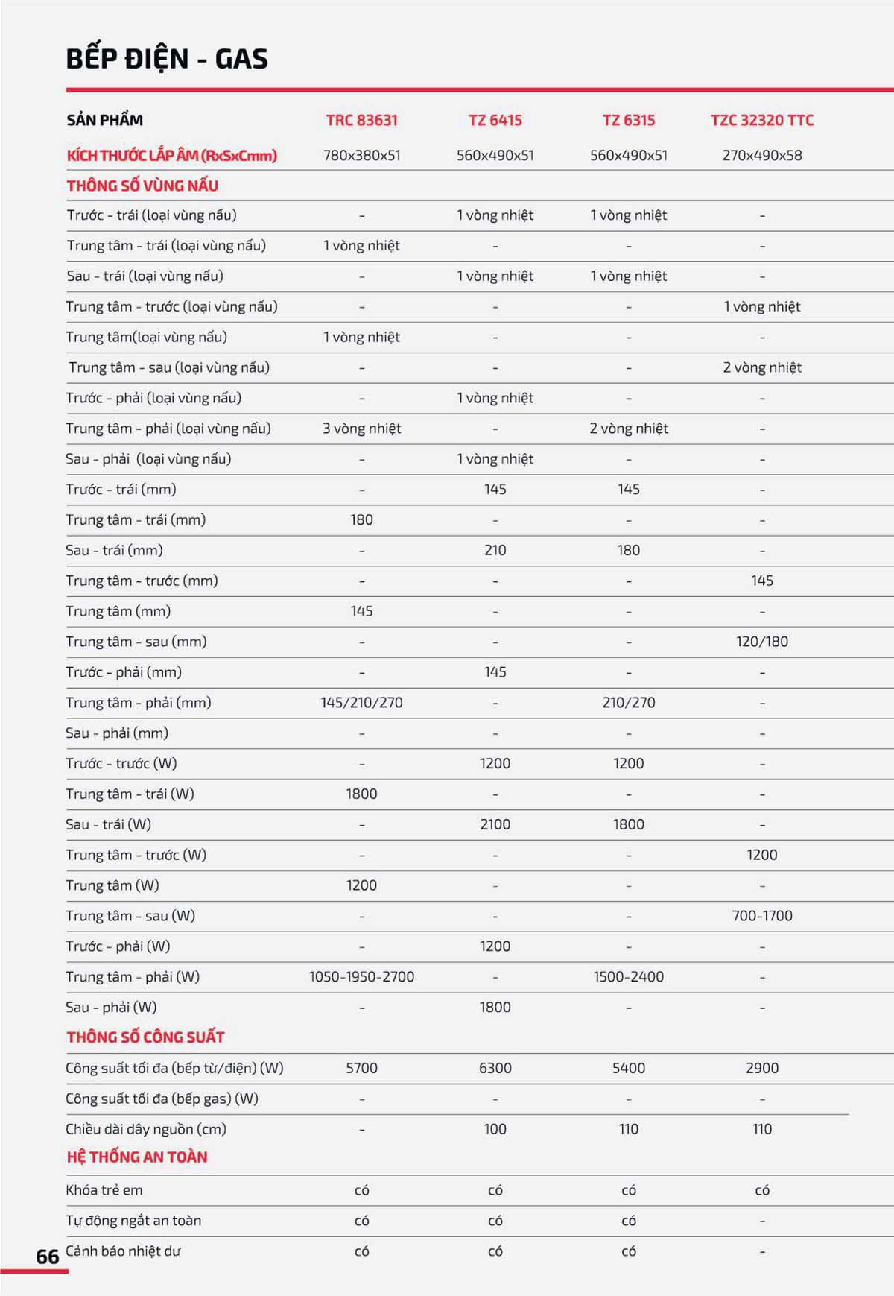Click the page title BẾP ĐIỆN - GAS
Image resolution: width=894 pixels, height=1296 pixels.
pyautogui.click(x=167, y=59)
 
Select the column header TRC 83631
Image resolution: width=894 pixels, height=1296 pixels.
pyautogui.click(x=361, y=120)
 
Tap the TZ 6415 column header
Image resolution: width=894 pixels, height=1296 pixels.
pyautogui.click(x=495, y=120)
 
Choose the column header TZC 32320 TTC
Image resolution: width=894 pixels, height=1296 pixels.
pyautogui.click(x=761, y=120)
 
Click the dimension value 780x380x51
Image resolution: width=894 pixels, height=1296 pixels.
pyautogui.click(x=361, y=156)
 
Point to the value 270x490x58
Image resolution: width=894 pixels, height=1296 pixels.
pyautogui.click(x=761, y=156)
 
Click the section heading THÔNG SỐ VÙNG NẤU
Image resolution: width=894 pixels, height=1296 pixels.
pyautogui.click(x=142, y=186)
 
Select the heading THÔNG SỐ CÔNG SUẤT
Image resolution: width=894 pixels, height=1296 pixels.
pyautogui.click(x=145, y=1037)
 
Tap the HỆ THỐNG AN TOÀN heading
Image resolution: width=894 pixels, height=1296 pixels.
pyautogui.click(x=137, y=1157)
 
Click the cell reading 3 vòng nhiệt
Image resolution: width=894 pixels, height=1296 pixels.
pyautogui.click(x=361, y=429)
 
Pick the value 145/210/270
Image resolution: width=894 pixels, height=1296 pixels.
pyautogui.click(x=361, y=703)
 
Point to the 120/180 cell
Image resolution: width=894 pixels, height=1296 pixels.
pyautogui.click(x=761, y=642)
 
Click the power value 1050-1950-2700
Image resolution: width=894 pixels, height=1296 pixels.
pyautogui.click(x=361, y=977)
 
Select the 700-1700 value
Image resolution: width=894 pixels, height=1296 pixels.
pyautogui.click(x=761, y=916)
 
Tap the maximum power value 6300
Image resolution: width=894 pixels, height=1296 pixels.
pyautogui.click(x=495, y=1068)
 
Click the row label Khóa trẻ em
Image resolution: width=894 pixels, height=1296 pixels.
pyautogui.click(x=104, y=1190)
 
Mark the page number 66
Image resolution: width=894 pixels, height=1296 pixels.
pyautogui.click(x=48, y=1257)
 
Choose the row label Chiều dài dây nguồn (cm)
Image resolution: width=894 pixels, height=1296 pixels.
pyautogui.click(x=145, y=1129)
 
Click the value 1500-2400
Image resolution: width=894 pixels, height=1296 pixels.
pyautogui.click(x=628, y=977)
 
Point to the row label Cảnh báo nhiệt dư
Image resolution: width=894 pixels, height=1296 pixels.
pyautogui.click(x=123, y=1251)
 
